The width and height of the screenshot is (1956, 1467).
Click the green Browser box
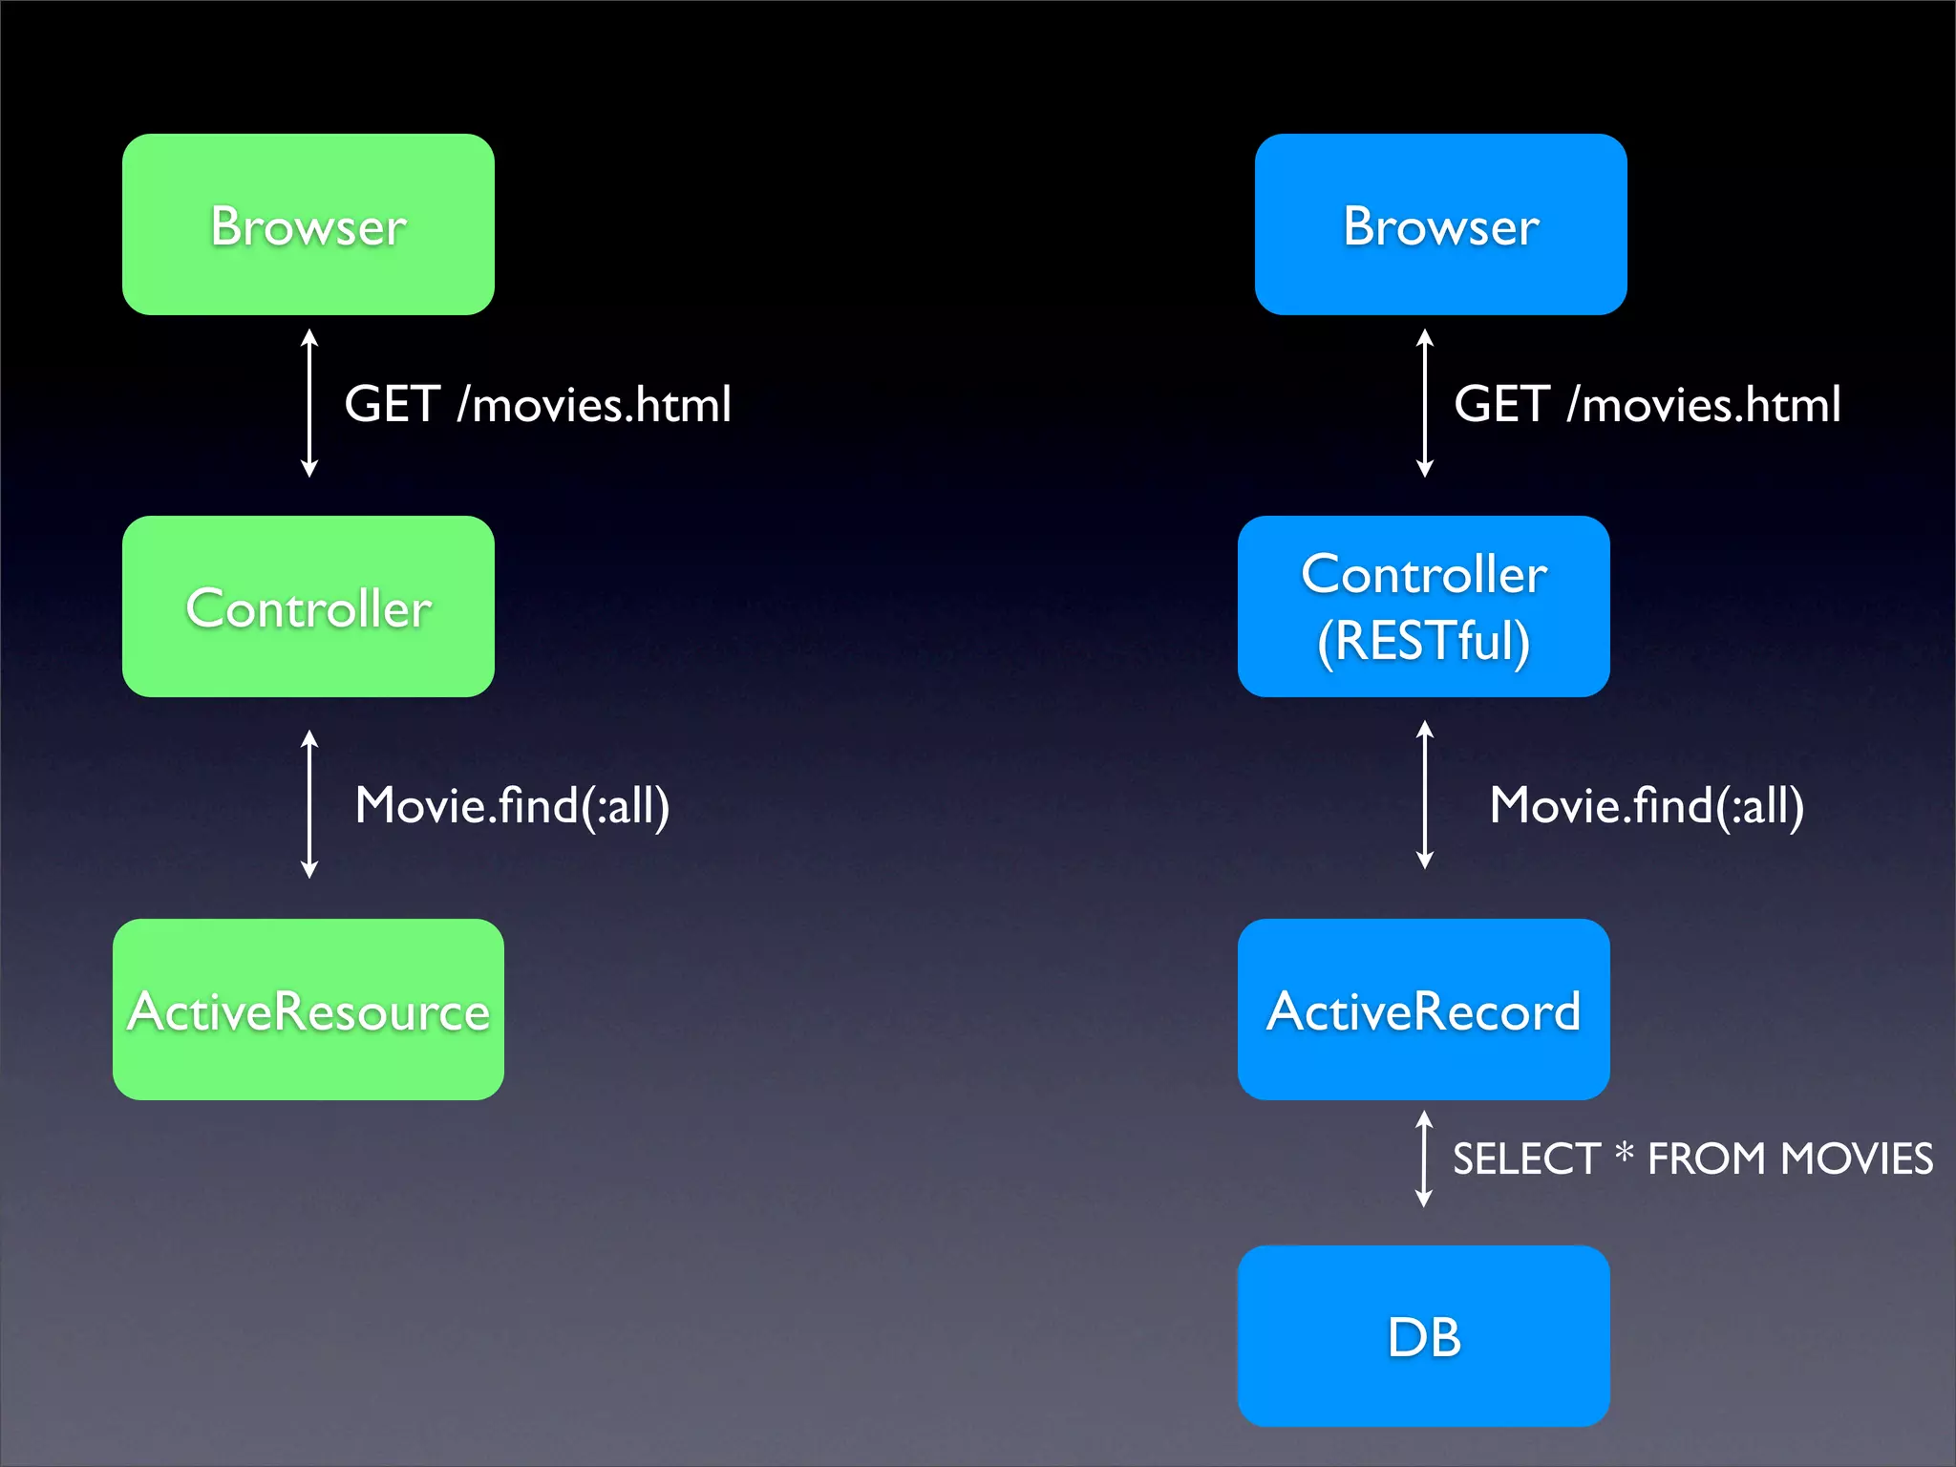(308, 224)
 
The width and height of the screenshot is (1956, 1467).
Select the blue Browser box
(1440, 224)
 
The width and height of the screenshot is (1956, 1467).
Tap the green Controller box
(308, 606)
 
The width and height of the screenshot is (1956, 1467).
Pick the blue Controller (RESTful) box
(1423, 606)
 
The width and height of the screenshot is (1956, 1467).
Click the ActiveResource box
(308, 1010)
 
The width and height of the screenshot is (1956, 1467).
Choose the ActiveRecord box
(1423, 1010)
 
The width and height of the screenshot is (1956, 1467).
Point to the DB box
(1423, 1335)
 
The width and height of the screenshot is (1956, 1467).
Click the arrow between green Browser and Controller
(309, 403)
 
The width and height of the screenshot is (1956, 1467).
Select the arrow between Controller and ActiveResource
(309, 804)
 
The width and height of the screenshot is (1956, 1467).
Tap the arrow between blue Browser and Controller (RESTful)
(1424, 403)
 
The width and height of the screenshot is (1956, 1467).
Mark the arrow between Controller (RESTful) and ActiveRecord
(1424, 795)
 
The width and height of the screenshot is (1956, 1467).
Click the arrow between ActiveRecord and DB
(1423, 1159)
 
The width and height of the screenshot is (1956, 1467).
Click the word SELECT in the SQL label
(1526, 1159)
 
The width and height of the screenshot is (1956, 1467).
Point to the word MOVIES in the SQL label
(1857, 1159)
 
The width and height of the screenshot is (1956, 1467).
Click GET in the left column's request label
(392, 404)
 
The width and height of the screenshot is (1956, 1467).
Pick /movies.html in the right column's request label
(1704, 404)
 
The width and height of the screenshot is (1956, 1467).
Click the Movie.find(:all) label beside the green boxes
(512, 805)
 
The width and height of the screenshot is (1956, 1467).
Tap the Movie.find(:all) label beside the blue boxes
(1647, 805)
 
